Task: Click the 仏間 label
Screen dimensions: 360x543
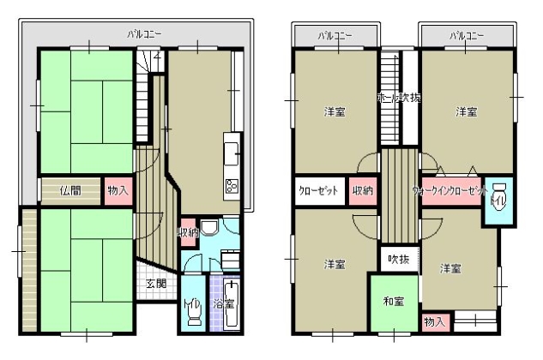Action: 70,190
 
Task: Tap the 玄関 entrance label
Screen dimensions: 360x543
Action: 155,284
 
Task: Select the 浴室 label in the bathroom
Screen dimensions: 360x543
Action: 225,303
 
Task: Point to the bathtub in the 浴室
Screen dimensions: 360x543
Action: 230,310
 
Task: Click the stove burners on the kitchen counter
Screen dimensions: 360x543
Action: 231,185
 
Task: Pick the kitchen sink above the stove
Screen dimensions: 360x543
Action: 231,153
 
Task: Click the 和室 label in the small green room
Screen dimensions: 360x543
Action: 395,301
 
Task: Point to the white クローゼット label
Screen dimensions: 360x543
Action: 318,190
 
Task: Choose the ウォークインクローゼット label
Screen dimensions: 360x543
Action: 449,190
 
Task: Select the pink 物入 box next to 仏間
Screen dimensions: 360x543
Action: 117,190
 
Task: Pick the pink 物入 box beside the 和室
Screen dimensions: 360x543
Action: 435,321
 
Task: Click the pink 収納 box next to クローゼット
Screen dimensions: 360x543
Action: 363,190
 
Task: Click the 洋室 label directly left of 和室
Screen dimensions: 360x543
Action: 334,264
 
